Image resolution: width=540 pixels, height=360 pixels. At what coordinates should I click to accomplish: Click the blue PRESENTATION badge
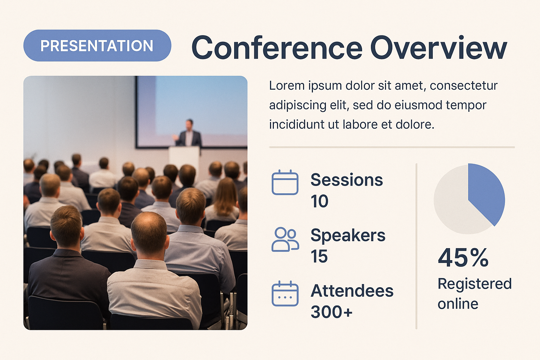[x=97, y=46]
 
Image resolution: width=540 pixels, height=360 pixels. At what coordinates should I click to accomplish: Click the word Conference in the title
[x=277, y=47]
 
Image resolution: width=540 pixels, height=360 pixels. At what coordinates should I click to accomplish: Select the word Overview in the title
[x=438, y=47]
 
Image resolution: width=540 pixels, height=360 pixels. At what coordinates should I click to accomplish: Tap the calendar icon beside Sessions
[x=285, y=182]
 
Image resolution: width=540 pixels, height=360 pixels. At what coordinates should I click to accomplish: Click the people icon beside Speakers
[x=285, y=239]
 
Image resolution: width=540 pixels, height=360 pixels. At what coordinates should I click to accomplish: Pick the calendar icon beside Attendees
[x=285, y=294]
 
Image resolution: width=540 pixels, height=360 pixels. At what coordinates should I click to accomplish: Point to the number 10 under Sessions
[x=320, y=201]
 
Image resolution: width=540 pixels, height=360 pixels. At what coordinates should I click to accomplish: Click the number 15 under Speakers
[x=319, y=256]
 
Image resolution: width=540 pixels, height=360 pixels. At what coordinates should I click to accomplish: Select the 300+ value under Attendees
[x=332, y=312]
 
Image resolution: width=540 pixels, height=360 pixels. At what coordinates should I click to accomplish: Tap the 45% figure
[x=463, y=258]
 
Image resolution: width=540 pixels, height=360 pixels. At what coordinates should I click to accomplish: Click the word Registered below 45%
[x=474, y=284]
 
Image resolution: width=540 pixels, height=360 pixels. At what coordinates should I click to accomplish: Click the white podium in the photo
[x=184, y=159]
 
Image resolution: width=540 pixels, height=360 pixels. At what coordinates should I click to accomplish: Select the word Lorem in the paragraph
[x=287, y=85]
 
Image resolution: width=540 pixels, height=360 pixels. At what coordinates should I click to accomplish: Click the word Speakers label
[x=348, y=235]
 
